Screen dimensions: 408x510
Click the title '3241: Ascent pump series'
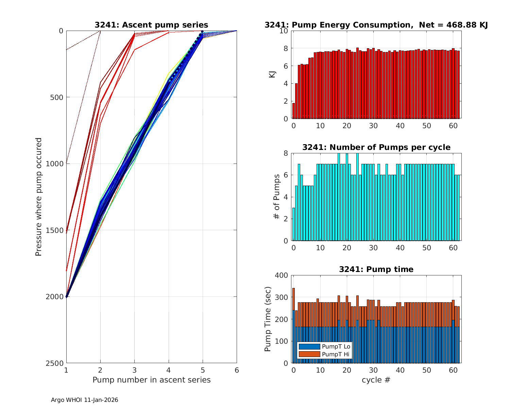(x=151, y=25)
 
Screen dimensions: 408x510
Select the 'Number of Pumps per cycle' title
(x=376, y=147)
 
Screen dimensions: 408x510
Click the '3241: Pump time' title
(x=376, y=269)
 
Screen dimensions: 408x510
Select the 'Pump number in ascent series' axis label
(x=151, y=380)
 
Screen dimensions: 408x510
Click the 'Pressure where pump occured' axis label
(x=39, y=197)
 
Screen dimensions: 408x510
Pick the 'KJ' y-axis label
(x=272, y=74)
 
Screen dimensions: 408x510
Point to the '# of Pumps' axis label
(x=277, y=197)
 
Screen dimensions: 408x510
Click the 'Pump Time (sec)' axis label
(x=268, y=319)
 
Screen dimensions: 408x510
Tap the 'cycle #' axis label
(x=376, y=380)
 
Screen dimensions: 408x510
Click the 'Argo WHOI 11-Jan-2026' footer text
(x=84, y=400)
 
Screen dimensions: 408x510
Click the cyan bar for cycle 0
(x=293, y=224)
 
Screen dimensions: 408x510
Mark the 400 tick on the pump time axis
(x=283, y=275)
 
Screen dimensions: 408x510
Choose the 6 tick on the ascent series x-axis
(x=237, y=370)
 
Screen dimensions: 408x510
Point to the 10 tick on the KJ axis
(x=284, y=31)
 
